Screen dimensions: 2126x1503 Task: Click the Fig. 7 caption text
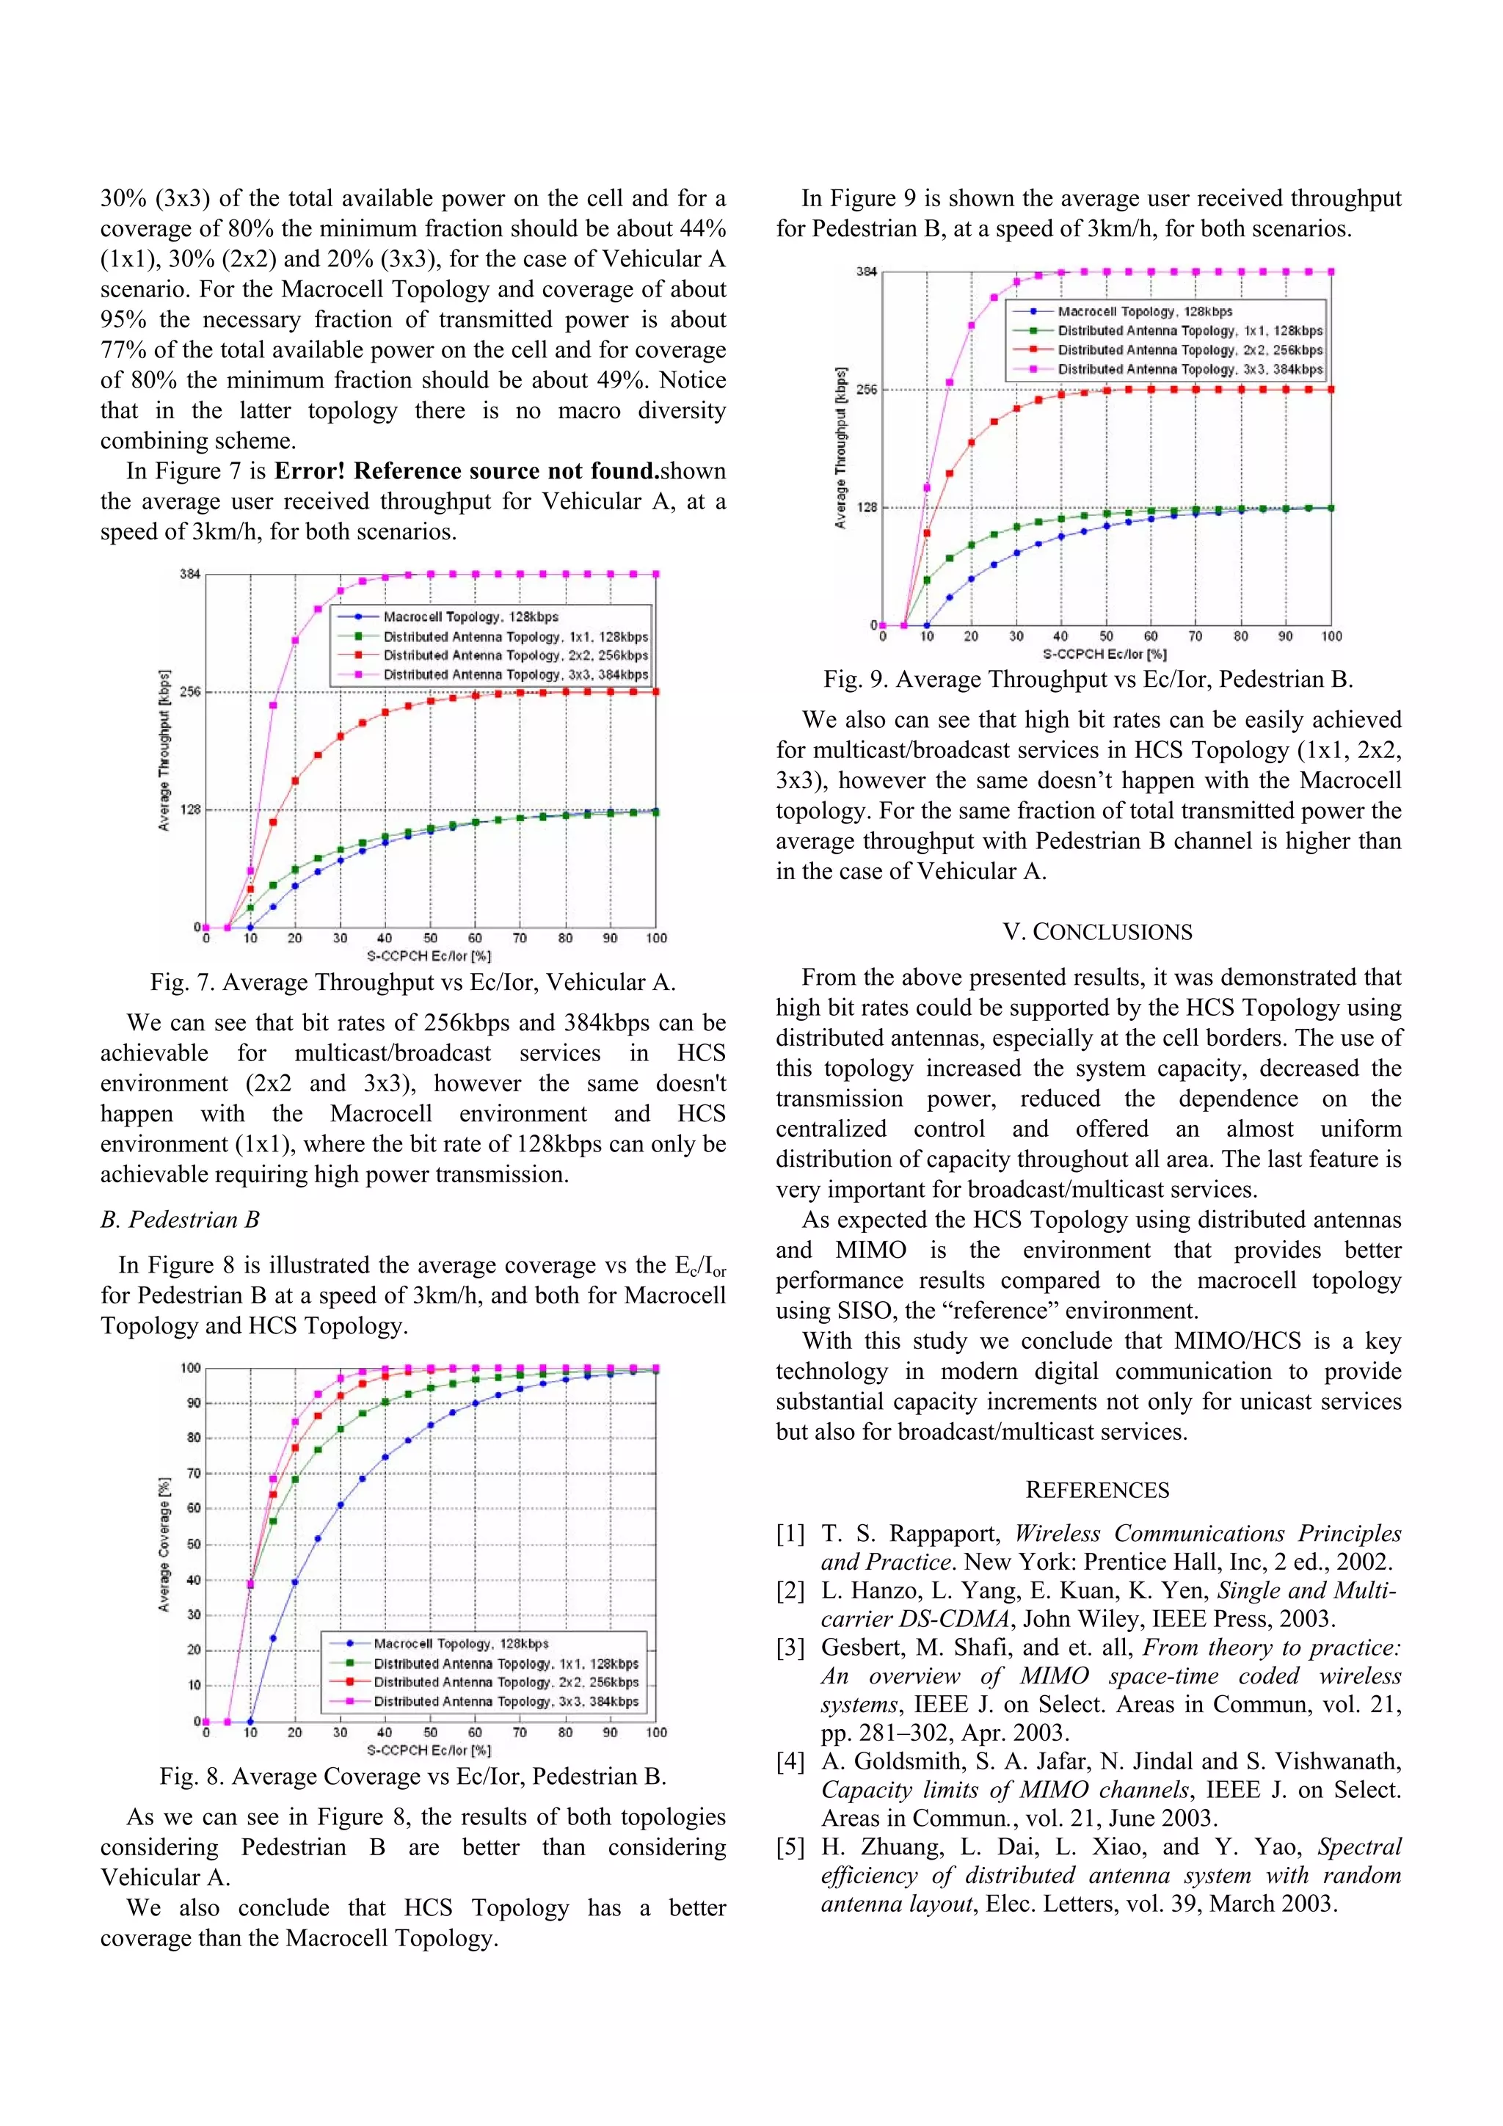(413, 983)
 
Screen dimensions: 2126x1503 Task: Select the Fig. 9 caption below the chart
(1088, 680)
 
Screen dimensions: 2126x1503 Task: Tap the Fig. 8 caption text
(413, 1776)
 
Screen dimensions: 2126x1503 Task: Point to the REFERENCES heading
(1097, 1490)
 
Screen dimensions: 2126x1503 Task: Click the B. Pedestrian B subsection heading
(180, 1220)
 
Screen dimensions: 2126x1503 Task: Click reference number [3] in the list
(790, 1648)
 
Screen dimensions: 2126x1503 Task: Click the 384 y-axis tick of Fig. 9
(866, 272)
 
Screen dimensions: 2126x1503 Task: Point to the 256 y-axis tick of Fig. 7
(190, 692)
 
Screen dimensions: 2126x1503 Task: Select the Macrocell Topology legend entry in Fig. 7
(470, 616)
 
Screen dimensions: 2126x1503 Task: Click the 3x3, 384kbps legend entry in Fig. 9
(1190, 369)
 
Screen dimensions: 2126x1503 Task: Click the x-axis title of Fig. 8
(429, 1750)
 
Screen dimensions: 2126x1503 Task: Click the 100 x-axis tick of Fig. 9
(1331, 636)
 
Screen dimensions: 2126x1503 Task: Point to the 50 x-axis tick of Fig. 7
(431, 938)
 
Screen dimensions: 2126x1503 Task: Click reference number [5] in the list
(790, 1847)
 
